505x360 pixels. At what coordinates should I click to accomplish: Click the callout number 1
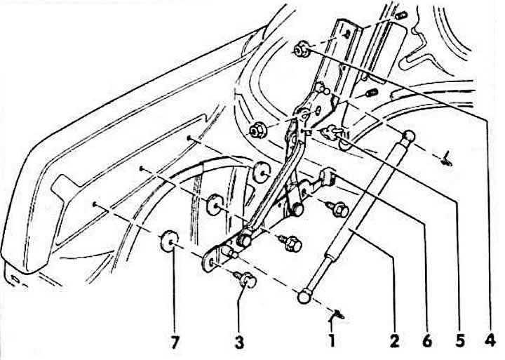point(332,342)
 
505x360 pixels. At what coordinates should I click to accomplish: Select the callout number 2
point(395,342)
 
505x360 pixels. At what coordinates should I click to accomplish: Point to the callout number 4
point(490,342)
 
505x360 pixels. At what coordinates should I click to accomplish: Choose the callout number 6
point(426,342)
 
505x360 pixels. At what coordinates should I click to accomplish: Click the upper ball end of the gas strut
point(408,135)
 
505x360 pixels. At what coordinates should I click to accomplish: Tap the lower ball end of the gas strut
point(304,297)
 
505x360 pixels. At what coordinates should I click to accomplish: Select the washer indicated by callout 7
point(170,241)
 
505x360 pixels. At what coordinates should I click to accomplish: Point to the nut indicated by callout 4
point(301,50)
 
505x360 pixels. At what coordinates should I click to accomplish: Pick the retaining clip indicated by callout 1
point(338,314)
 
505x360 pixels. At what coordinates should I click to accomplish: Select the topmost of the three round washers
point(261,173)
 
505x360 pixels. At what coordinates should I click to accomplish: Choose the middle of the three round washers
point(215,205)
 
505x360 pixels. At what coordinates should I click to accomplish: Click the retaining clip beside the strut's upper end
point(447,160)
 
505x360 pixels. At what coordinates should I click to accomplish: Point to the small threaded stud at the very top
point(401,15)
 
